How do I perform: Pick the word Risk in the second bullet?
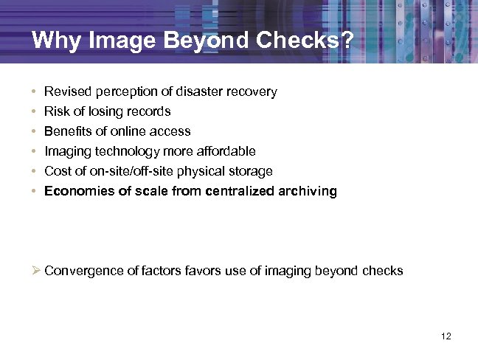click(56, 112)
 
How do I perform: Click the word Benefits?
click(67, 131)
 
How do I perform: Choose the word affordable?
click(226, 151)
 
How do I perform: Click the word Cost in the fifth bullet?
click(58, 171)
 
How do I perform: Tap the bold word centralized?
click(242, 191)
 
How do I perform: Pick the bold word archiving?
click(309, 191)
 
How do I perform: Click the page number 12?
click(445, 336)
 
